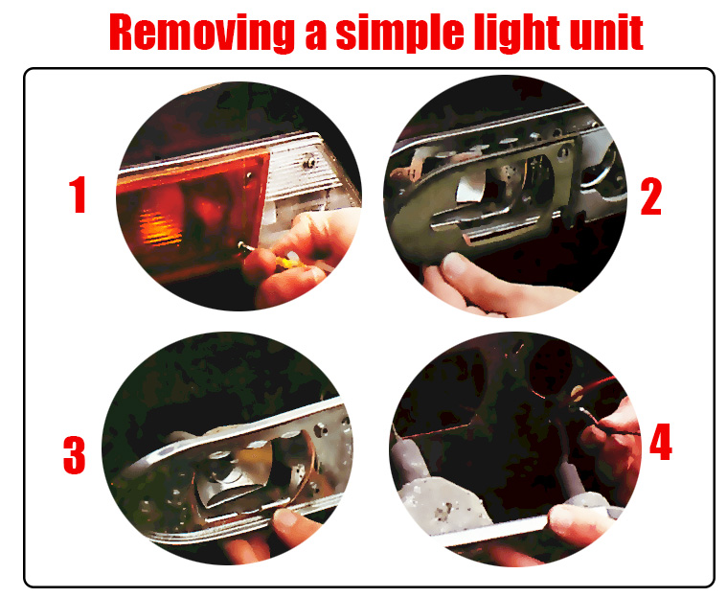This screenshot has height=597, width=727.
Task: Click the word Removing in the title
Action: pos(202,32)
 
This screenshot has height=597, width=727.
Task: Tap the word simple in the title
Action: pos(399,33)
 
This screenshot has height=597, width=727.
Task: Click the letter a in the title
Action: pos(315,38)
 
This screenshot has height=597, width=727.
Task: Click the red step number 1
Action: pos(78,195)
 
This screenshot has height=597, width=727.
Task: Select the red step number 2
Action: pos(651,196)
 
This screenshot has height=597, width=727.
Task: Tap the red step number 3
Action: pos(75,455)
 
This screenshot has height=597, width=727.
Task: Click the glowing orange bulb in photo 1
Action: pos(161,226)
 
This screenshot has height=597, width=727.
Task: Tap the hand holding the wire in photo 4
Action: pos(612,446)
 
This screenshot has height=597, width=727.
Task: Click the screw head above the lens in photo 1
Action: pos(249,175)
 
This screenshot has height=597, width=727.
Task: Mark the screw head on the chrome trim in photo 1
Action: pos(309,161)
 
